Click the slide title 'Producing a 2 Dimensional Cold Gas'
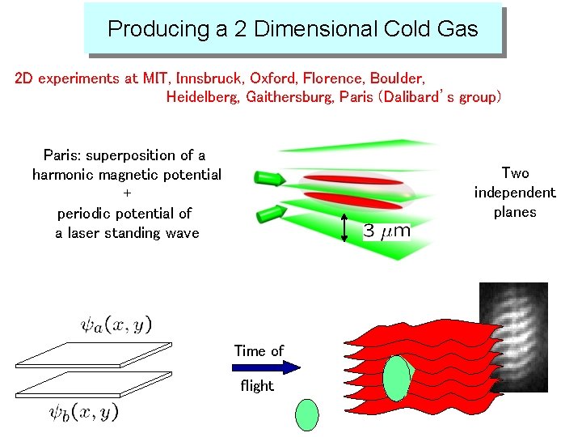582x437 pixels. [x=293, y=29]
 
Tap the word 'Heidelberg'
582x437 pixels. [x=202, y=97]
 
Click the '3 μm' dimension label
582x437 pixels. [x=386, y=231]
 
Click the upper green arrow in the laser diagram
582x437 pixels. [x=269, y=178]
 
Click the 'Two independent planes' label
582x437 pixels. [x=515, y=193]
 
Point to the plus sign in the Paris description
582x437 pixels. [x=127, y=194]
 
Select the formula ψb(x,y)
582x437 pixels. [x=83, y=412]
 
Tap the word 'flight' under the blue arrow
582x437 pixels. [x=257, y=386]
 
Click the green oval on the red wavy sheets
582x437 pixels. [x=397, y=379]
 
